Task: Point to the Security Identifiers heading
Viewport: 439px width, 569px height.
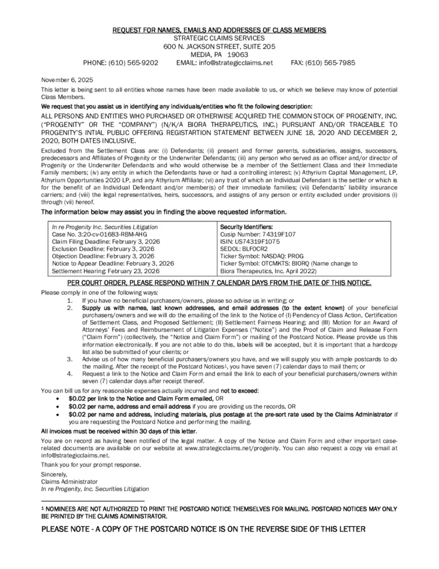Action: tap(246, 226)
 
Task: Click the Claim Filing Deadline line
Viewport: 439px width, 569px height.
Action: tap(106, 241)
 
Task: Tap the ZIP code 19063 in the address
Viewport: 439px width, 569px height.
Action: tap(239, 55)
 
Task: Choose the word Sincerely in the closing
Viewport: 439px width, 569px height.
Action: tap(54, 474)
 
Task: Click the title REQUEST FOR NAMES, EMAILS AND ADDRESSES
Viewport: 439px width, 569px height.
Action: tap(219, 30)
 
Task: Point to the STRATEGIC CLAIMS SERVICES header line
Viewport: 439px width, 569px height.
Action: tap(219, 38)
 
